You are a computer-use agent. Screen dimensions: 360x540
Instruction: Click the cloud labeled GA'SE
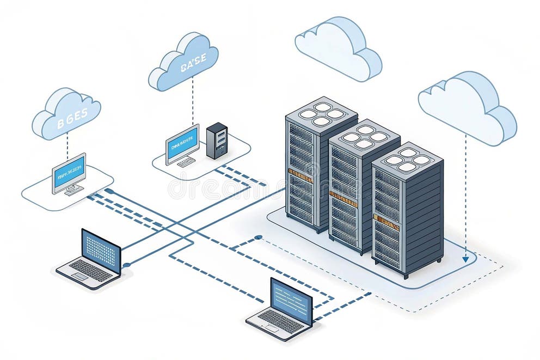tap(183, 61)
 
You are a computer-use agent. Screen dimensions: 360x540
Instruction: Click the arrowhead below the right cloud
tap(465, 259)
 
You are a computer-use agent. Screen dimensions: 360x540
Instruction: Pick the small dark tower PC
tap(217, 140)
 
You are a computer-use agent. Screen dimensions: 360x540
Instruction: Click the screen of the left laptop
tap(101, 250)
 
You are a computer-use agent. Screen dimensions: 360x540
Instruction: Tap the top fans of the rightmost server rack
tap(407, 157)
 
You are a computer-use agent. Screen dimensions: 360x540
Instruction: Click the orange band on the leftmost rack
tap(300, 175)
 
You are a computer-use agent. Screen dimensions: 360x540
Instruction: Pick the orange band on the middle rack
tap(343, 198)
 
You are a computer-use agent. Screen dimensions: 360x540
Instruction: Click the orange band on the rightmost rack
tap(386, 221)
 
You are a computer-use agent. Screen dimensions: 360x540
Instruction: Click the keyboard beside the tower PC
tap(186, 162)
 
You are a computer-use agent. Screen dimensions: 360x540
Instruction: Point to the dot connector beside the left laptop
tap(126, 265)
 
